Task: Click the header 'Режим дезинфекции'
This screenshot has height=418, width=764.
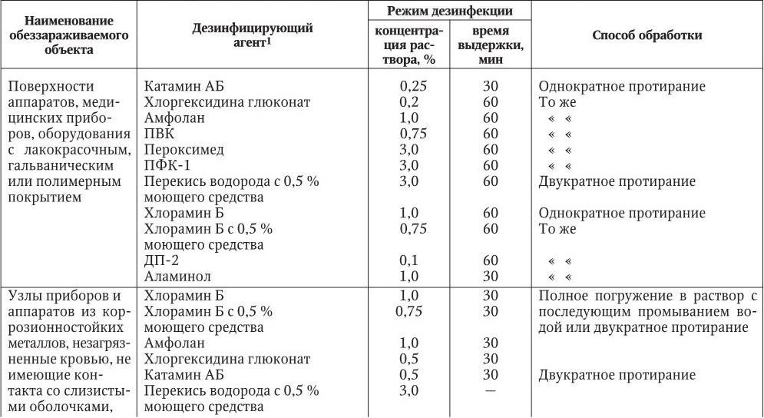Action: [449, 11]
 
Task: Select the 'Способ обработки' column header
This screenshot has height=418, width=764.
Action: [647, 36]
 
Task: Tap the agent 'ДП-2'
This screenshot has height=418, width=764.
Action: [161, 260]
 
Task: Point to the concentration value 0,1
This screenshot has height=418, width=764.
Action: [408, 260]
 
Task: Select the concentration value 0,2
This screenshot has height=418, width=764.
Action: [408, 102]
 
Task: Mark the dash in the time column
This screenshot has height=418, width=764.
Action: [491, 390]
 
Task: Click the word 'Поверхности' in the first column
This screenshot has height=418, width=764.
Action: [46, 87]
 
